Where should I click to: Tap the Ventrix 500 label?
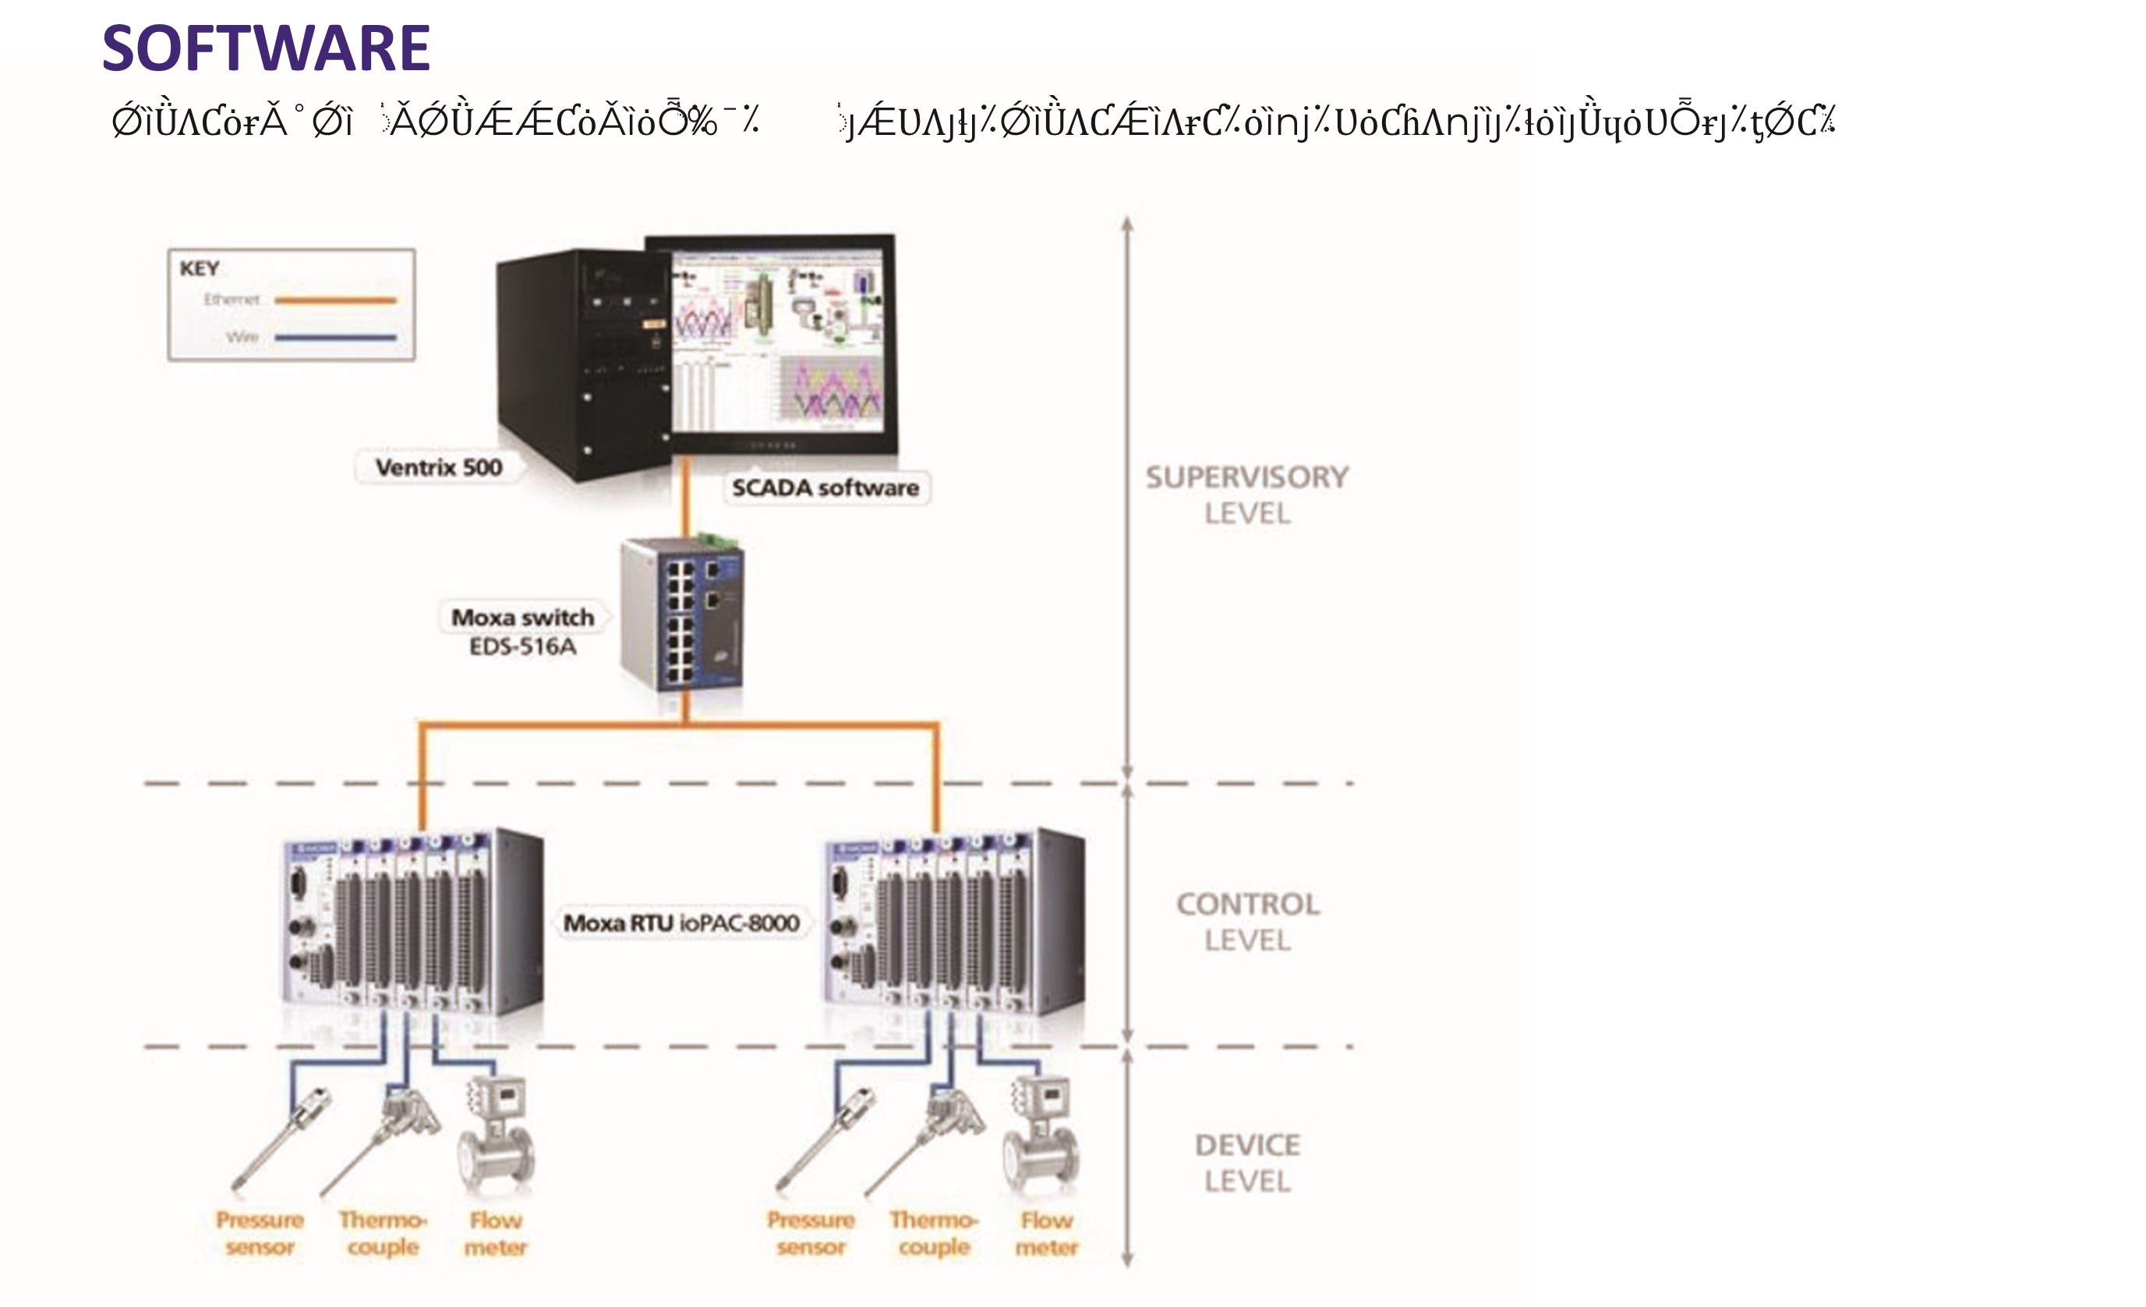(438, 468)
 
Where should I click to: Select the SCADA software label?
(825, 488)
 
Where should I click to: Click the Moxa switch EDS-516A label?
(522, 631)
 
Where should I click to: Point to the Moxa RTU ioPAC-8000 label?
(681, 923)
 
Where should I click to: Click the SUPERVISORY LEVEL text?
(1246, 495)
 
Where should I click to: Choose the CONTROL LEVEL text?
(1247, 922)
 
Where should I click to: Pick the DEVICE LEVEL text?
(1247, 1163)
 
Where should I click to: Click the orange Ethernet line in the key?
(335, 300)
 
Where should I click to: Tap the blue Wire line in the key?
(335, 337)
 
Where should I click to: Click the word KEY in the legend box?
(200, 268)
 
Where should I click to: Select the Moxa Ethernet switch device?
(682, 615)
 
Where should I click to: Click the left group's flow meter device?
(497, 1137)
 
